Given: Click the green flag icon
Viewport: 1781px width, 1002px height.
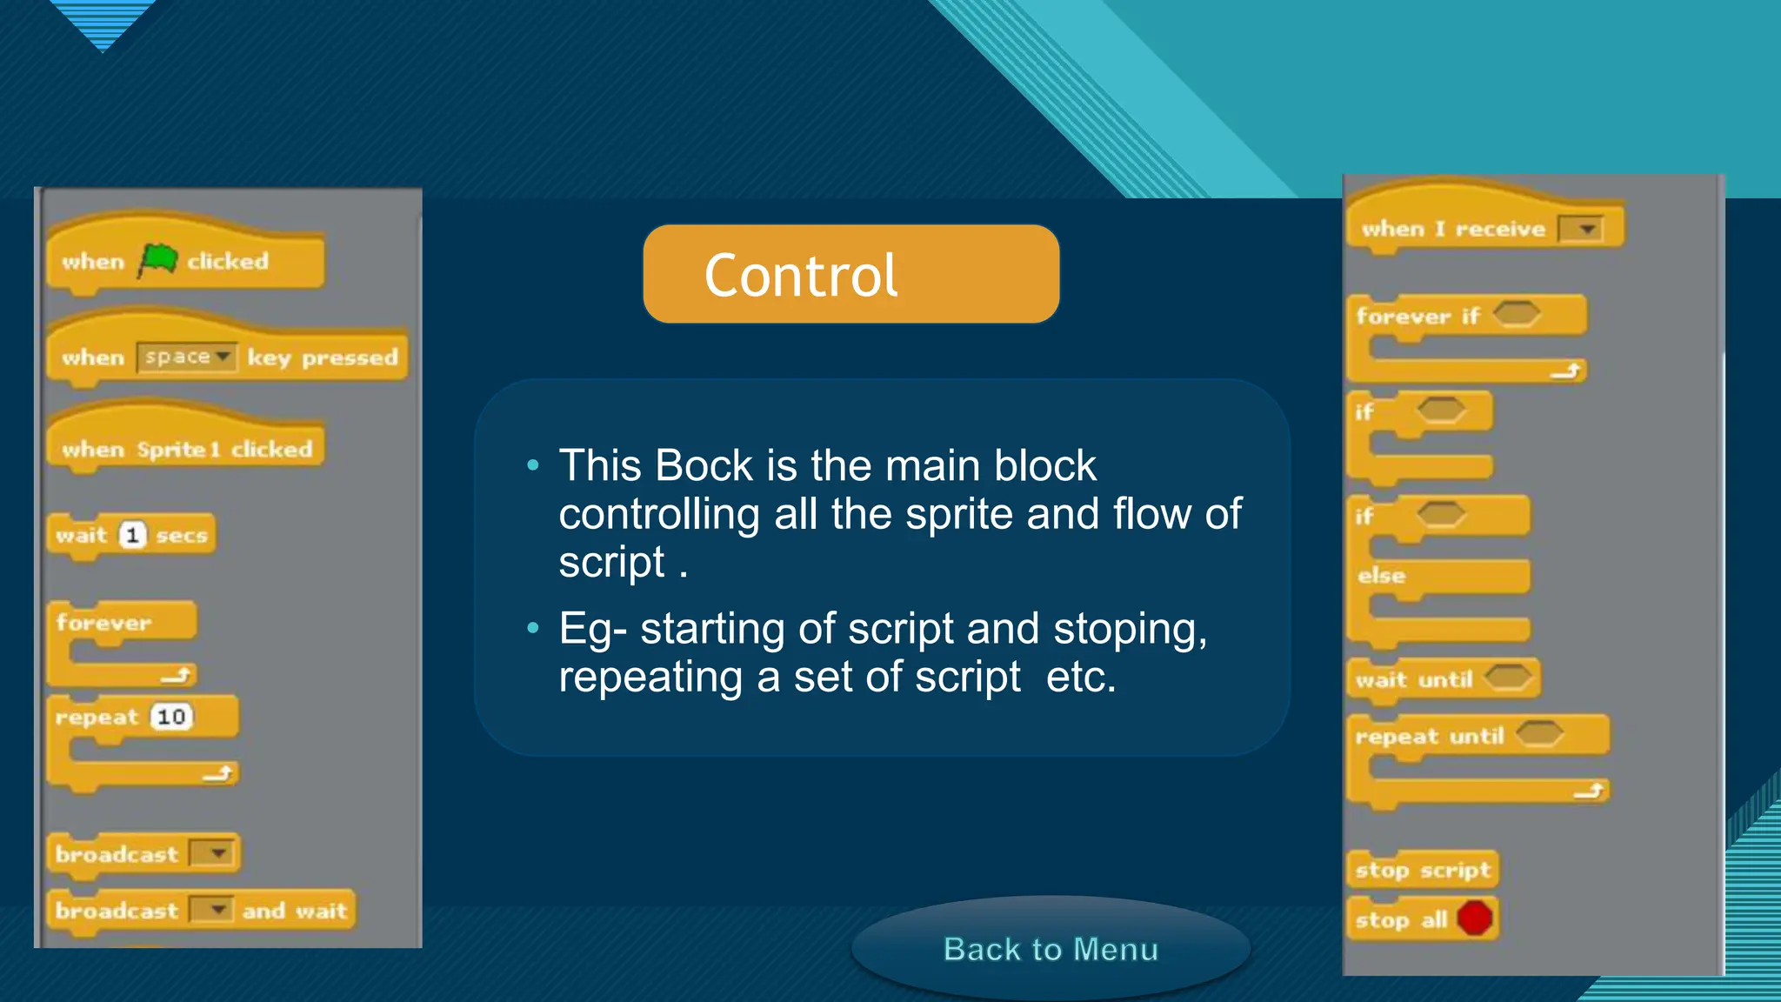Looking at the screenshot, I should (x=158, y=259).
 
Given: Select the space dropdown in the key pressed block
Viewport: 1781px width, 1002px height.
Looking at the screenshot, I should (x=186, y=357).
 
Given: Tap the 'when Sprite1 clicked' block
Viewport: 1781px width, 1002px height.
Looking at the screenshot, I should (x=186, y=449).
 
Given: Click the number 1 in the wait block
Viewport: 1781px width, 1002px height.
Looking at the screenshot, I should (x=132, y=535).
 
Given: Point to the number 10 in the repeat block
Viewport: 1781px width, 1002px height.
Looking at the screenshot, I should (x=171, y=717).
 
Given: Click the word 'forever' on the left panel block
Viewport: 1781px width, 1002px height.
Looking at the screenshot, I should (x=103, y=623).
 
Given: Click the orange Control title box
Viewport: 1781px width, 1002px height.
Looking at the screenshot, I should (x=850, y=274).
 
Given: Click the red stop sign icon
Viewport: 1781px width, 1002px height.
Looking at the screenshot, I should (x=1475, y=918).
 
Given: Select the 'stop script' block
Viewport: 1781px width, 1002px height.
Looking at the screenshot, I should (x=1423, y=869).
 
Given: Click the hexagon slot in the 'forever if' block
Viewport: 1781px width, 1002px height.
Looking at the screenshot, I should (x=1517, y=313).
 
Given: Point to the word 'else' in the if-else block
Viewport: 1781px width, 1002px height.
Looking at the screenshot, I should (x=1381, y=575).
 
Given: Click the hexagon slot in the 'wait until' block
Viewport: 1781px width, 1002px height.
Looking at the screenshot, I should (x=1507, y=677).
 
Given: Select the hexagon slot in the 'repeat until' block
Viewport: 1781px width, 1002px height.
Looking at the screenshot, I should (x=1540, y=734).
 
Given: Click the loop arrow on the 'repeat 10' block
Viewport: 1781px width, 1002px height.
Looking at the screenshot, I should (x=218, y=772).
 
